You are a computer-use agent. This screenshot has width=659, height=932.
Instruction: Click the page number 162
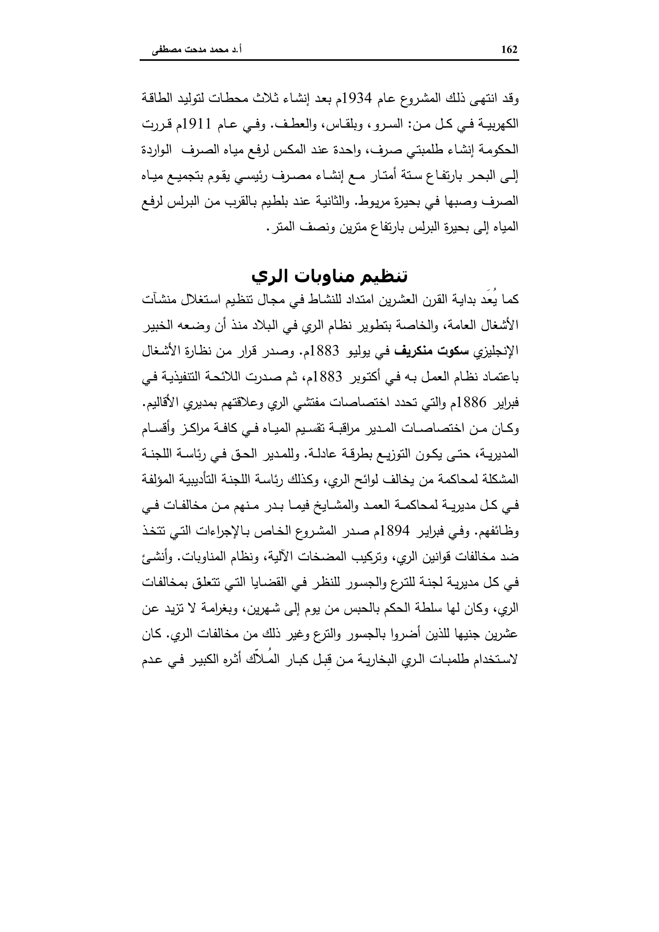509,50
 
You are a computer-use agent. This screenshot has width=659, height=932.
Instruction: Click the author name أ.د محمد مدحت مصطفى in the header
197,50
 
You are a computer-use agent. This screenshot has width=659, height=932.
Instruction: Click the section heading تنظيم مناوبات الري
329,276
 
